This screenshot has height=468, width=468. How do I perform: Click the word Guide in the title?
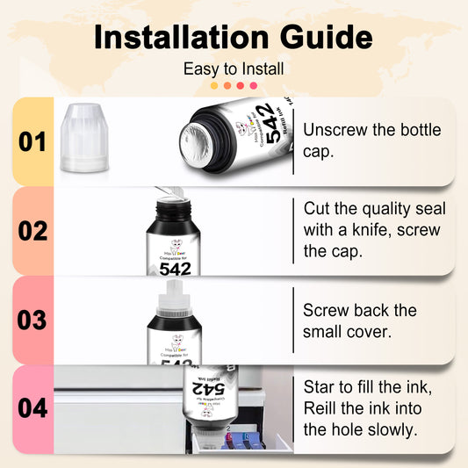pos(323,38)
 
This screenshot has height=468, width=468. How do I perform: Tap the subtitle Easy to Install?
pos(234,68)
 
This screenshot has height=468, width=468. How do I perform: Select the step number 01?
pos(32,141)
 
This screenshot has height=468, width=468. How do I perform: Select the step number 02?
pos(32,231)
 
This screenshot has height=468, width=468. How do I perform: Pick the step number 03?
pos(32,320)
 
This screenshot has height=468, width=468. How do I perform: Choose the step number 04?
pos(32,409)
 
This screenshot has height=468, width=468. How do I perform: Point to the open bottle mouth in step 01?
pos(195,140)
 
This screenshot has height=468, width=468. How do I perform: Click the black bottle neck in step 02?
pos(173,212)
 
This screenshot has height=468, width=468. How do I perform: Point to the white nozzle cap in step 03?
pos(173,298)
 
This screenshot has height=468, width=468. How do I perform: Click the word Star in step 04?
pos(320,386)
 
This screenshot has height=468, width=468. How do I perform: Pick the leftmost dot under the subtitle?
pos(214,86)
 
